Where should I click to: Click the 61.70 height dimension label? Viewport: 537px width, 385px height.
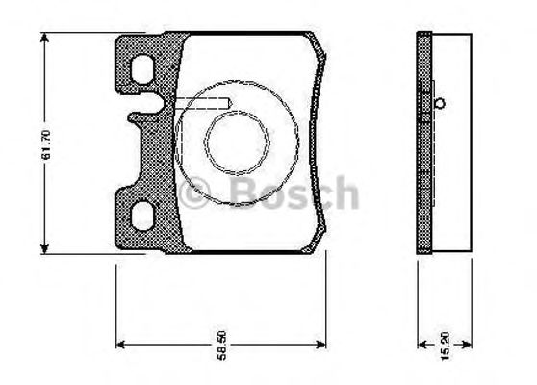coord(46,144)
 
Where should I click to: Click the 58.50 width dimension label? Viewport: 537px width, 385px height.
coord(222,346)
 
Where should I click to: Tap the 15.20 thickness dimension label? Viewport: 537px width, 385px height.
coord(445,346)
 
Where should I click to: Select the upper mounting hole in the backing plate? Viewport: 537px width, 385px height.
coord(142,69)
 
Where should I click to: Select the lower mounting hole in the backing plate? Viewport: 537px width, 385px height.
coord(142,217)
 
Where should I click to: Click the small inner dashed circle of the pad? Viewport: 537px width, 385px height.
coord(237,141)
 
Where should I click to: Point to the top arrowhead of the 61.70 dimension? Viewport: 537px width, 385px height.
coord(44,38)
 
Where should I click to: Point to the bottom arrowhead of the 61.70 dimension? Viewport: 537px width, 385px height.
coord(44,249)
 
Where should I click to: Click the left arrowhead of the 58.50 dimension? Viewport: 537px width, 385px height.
coord(121,345)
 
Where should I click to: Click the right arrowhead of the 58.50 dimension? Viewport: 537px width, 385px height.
coord(320,345)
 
